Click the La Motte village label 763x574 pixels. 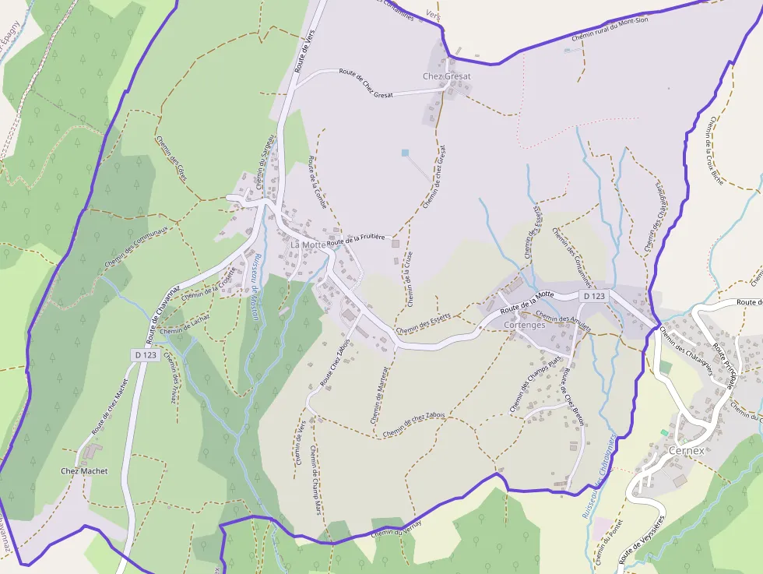coord(308,245)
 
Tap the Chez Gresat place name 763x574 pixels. coord(447,76)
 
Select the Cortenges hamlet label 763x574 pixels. coord(524,325)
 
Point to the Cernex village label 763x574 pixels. coord(686,450)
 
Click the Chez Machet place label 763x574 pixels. coord(84,471)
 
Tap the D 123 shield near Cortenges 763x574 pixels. coord(593,296)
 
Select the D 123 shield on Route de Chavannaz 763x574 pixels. coord(145,354)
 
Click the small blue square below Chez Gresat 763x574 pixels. coord(405,153)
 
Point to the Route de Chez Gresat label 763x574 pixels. coord(366,83)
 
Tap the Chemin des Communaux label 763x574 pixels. coord(141,243)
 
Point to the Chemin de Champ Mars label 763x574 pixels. coord(315,481)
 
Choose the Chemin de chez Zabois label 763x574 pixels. coord(413,423)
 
